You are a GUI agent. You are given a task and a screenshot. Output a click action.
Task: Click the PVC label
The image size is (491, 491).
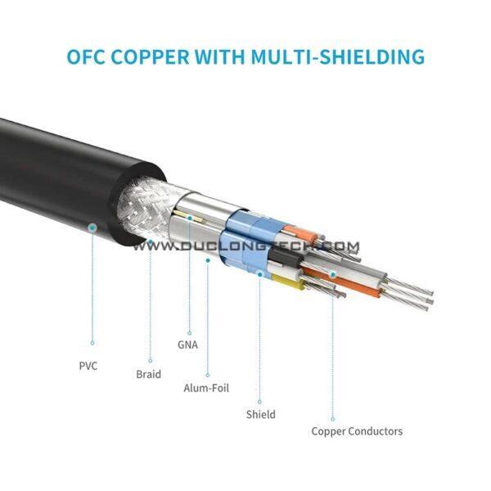pos(88,366)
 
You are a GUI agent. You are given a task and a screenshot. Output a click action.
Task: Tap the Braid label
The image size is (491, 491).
pos(148,375)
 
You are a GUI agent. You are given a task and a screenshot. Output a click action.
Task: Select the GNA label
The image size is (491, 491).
pos(187,345)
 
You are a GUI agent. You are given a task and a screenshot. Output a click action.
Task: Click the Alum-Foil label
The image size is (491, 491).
pos(206,388)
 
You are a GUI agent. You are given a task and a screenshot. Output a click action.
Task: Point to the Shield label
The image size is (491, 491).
pos(260,415)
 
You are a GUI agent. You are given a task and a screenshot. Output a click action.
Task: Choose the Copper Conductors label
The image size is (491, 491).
pos(357,431)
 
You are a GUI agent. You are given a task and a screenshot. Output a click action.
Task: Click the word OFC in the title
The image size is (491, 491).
pos(88,58)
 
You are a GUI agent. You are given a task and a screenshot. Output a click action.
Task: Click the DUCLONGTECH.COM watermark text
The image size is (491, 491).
pos(246,245)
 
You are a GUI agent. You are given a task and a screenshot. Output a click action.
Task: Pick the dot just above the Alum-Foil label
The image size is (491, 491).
pos(207,376)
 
